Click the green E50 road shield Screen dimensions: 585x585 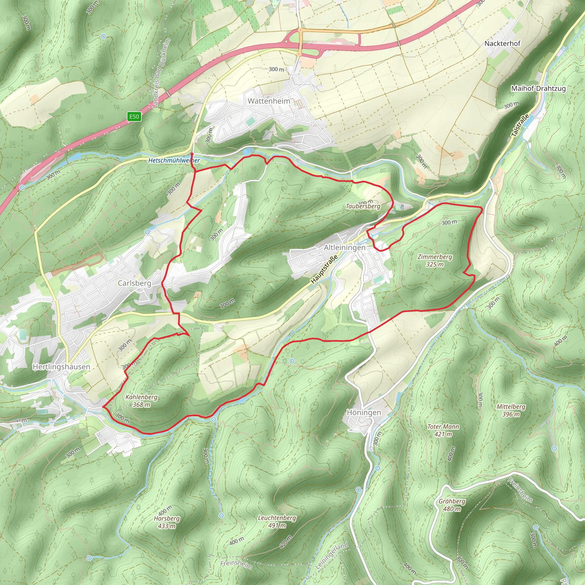134,117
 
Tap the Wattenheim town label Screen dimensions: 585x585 269,101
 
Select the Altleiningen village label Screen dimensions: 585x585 344,248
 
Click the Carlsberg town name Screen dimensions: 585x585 135,283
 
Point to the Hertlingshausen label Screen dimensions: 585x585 61,367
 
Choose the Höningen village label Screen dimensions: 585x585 364,412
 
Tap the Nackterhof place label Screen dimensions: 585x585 502,44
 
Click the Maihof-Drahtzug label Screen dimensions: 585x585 538,89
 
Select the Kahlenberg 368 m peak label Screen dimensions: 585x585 141,400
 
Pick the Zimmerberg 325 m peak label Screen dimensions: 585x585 435,261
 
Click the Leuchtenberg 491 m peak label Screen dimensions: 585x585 277,521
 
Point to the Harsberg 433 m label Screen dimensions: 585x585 167,522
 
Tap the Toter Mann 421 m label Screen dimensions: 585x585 443,430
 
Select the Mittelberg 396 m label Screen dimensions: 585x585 511,410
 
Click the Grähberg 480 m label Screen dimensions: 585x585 452,505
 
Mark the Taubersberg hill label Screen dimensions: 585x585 363,206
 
